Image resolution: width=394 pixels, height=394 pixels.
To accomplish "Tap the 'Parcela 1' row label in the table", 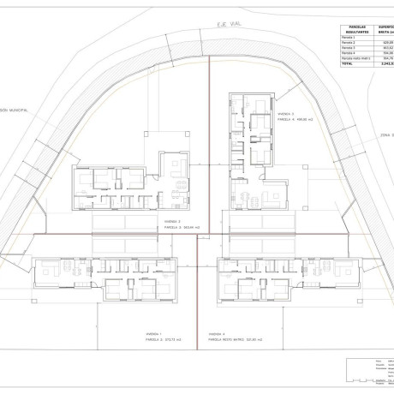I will coord(349,38).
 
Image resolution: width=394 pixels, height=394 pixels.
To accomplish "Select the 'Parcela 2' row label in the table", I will coord(349,44).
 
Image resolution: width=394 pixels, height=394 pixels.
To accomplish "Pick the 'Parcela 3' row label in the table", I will coord(349,50).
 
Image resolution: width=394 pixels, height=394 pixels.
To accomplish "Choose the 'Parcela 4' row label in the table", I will coord(349,56).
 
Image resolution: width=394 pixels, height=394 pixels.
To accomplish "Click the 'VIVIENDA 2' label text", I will coord(171,220).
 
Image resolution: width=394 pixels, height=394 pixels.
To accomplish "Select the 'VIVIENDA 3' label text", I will coord(285,113).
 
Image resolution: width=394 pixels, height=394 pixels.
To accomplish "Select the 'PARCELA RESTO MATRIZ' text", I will coord(227,339).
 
